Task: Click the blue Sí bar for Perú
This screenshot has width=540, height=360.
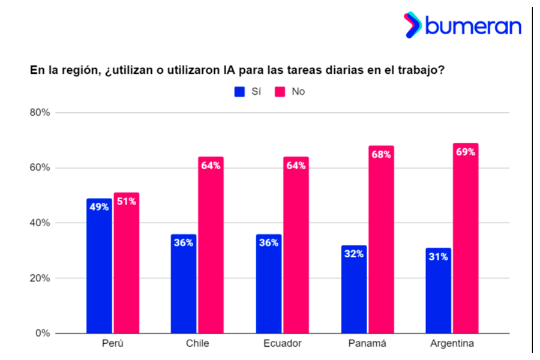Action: click(x=99, y=270)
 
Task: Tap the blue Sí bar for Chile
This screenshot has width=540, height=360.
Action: click(x=184, y=288)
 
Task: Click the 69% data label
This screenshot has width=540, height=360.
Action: click(x=466, y=152)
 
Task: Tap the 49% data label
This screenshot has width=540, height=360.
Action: click(x=99, y=207)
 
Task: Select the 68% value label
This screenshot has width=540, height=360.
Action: click(x=381, y=155)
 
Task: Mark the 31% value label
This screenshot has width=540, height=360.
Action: click(x=439, y=257)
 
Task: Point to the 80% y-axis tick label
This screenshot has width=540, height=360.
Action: click(x=39, y=113)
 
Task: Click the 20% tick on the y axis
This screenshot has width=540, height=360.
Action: click(x=39, y=278)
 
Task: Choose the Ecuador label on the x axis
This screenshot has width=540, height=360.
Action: click(x=283, y=344)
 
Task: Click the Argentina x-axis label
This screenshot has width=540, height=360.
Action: click(x=452, y=344)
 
